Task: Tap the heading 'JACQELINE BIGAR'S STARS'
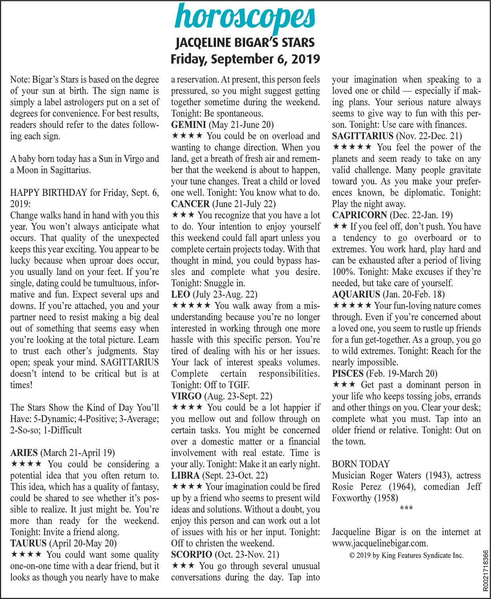[x=245, y=42]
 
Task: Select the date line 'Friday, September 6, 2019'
[x=245, y=59]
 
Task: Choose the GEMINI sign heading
[x=222, y=125]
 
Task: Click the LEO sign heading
[x=214, y=294]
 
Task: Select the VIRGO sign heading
[x=222, y=396]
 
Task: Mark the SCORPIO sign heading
[x=225, y=554]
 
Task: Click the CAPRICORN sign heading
[x=392, y=215]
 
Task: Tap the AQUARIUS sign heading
[x=388, y=294]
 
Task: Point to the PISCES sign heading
[x=384, y=373]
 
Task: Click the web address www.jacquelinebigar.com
[x=380, y=543]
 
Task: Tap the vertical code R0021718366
[x=486, y=570]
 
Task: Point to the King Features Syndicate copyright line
[x=406, y=555]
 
